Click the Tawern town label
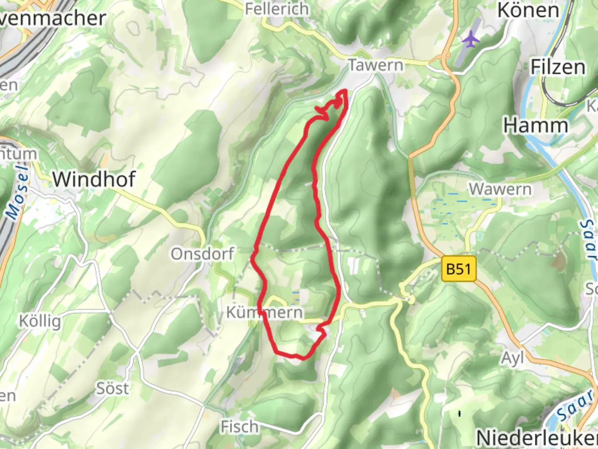click(x=376, y=65)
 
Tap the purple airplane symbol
click(x=471, y=40)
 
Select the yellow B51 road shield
click(x=458, y=269)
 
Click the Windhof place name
click(x=94, y=179)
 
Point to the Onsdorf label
click(x=203, y=254)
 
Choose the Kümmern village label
click(x=265, y=312)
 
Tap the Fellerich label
click(x=277, y=9)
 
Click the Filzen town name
click(x=558, y=67)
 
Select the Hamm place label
click(x=536, y=125)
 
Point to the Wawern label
click(x=500, y=190)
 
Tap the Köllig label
click(x=40, y=321)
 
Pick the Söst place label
click(x=113, y=389)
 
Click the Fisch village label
click(x=240, y=427)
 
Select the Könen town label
click(x=528, y=10)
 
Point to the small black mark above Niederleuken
click(x=459, y=413)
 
